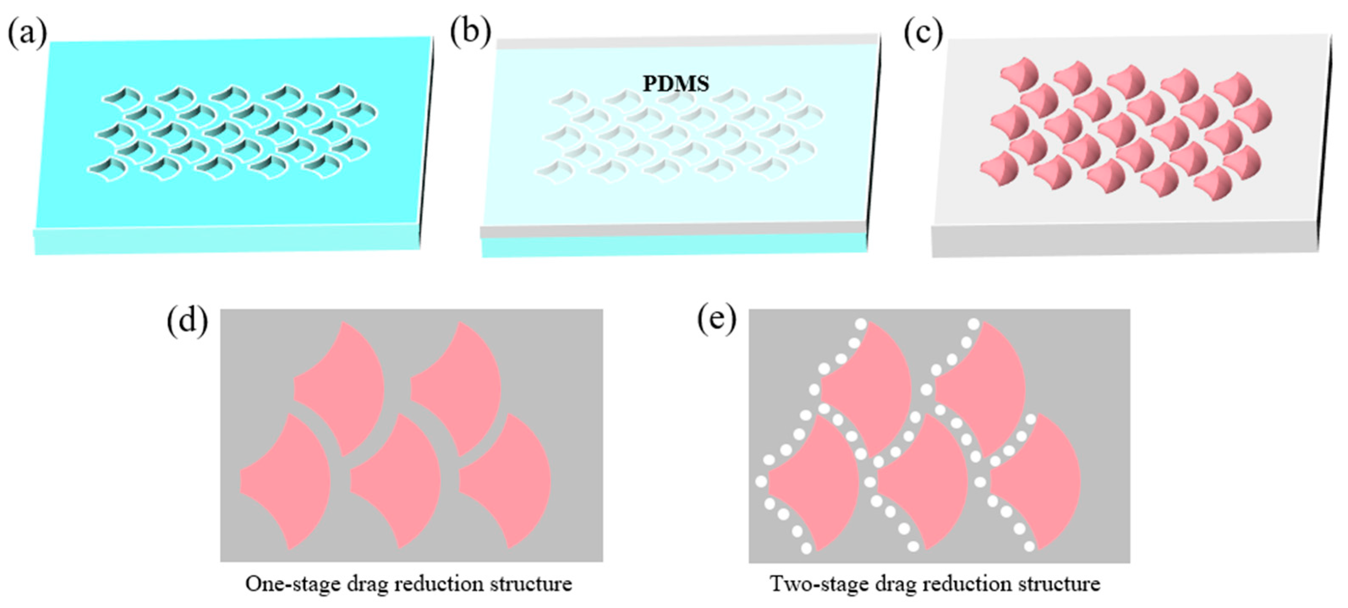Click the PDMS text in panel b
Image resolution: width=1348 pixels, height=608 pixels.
675,84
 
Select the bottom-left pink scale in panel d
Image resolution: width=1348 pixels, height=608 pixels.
290,481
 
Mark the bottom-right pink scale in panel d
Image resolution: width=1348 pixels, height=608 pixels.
510,481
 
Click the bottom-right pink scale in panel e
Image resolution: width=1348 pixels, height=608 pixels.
1039,481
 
